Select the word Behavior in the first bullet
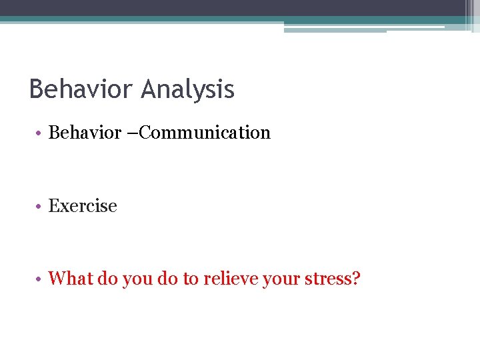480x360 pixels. (x=83, y=133)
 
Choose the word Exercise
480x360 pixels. (x=83, y=206)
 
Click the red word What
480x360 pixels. (x=71, y=278)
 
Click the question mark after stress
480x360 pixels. (x=355, y=278)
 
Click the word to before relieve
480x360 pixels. (x=191, y=279)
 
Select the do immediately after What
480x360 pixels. (x=107, y=278)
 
